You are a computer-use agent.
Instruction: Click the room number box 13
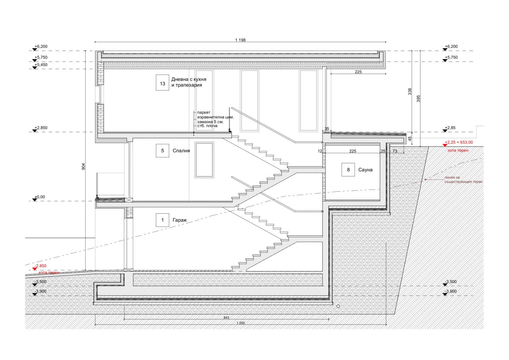click(162, 83)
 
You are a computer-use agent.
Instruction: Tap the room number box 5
click(162, 151)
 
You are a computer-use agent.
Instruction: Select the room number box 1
click(162, 220)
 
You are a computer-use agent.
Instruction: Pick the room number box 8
click(348, 170)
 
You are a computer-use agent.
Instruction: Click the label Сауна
click(365, 170)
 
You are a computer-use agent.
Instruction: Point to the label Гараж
click(180, 220)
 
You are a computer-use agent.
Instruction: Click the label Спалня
click(181, 151)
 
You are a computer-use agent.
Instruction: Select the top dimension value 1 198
click(240, 40)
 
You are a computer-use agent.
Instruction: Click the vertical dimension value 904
click(83, 166)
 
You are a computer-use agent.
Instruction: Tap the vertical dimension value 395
click(418, 98)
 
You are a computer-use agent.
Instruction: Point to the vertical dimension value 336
click(409, 91)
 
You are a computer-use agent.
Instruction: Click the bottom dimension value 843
click(226, 317)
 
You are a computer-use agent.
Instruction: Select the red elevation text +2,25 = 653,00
click(459, 142)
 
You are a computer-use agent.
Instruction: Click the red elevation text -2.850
click(40, 266)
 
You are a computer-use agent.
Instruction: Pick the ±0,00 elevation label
click(40, 197)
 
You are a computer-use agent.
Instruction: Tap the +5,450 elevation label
click(41, 65)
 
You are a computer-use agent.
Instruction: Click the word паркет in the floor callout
click(204, 113)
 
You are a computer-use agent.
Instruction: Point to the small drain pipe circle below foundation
click(338, 306)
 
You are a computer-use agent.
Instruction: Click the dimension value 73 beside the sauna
click(395, 151)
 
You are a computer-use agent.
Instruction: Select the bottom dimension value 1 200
click(241, 323)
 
